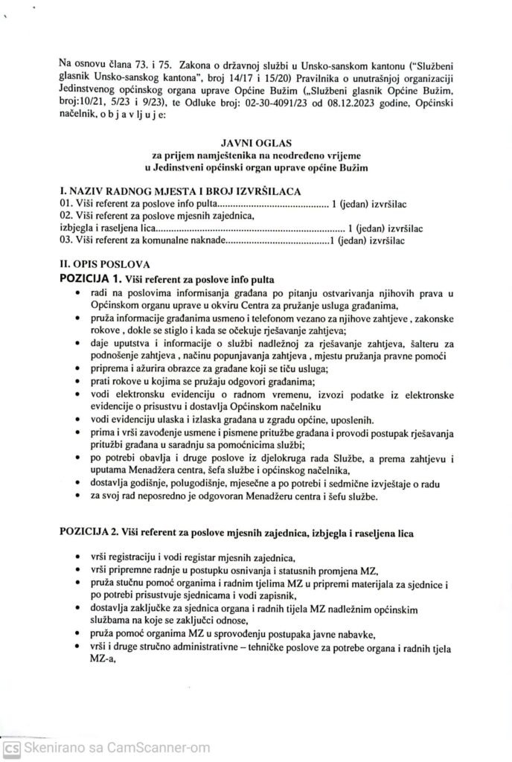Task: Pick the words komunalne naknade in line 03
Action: [x=183, y=240]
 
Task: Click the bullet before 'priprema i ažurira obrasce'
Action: [x=80, y=368]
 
